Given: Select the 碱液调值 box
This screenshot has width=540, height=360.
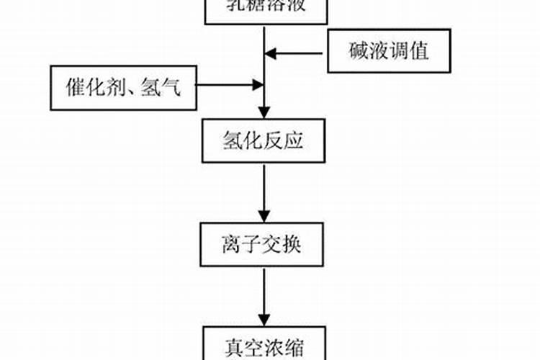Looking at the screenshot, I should coord(390,51).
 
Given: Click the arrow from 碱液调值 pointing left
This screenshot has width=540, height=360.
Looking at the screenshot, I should coord(295,52).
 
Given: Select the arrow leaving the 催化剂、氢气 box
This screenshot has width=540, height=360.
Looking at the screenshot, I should coord(229,86).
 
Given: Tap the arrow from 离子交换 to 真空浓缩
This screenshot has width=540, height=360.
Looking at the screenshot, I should coord(264,295).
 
